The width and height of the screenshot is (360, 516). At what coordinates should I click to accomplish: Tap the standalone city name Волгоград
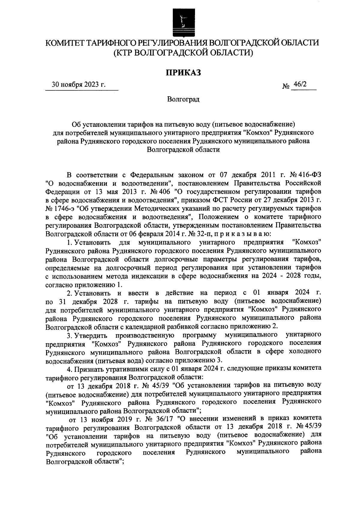pyautogui.click(x=183, y=99)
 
